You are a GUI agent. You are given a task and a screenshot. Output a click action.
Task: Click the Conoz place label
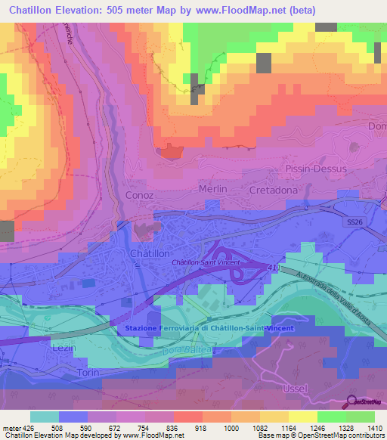[x=138, y=195]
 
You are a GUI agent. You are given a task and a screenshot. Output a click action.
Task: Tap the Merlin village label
[x=213, y=188]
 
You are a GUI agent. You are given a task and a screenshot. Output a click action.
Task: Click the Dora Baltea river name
[x=180, y=350]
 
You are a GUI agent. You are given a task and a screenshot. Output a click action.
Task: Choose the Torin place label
[x=88, y=374]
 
